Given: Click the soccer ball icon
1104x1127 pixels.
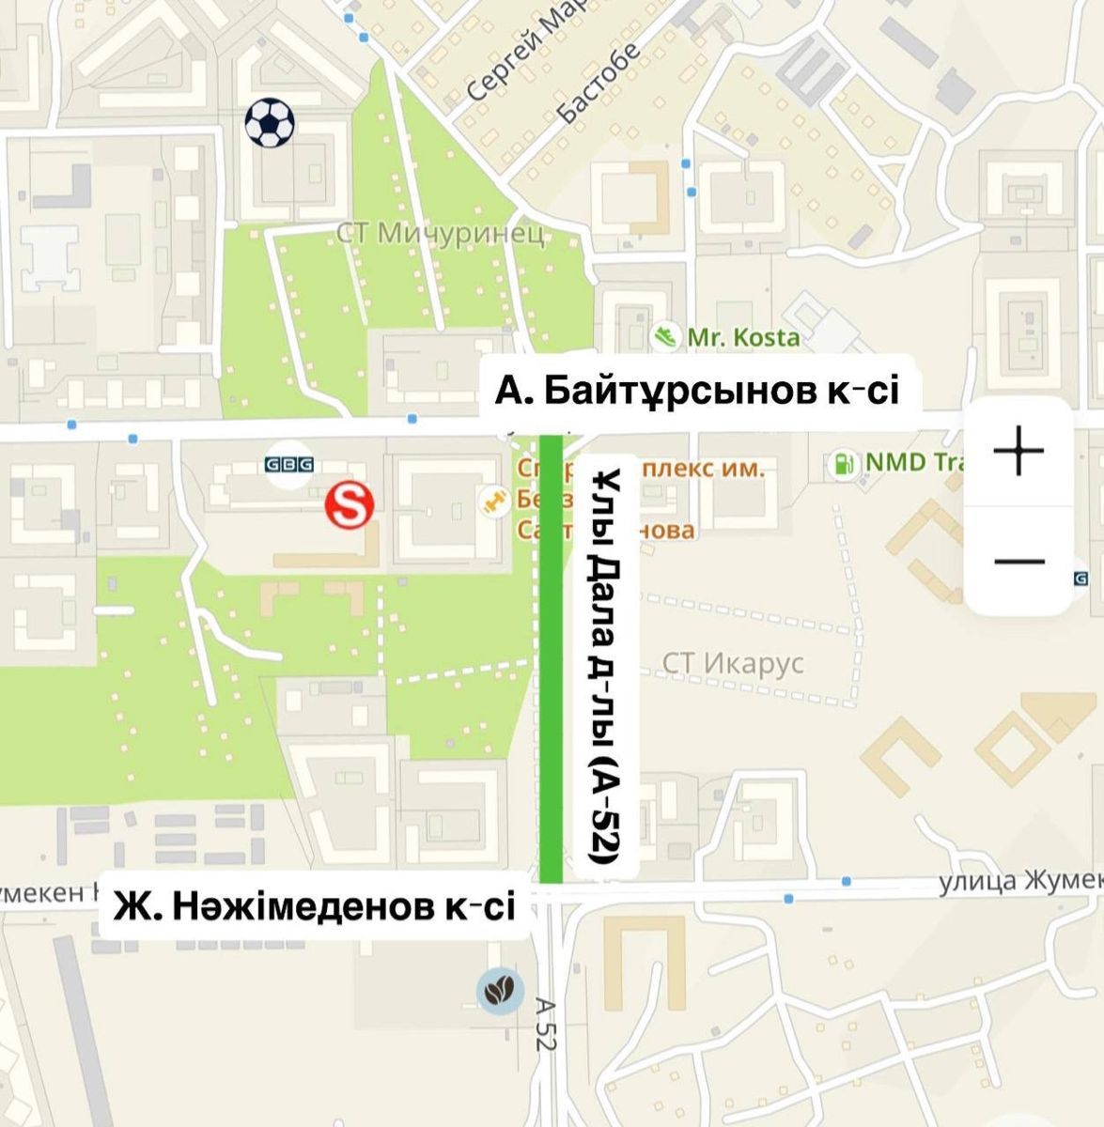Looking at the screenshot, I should [x=270, y=122].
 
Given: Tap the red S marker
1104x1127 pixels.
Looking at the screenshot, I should [x=350, y=505].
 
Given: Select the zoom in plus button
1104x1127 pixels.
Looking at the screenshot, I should [x=1018, y=452].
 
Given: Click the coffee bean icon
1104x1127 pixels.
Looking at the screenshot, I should [x=500, y=990].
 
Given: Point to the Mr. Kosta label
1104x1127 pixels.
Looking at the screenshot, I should [x=743, y=337].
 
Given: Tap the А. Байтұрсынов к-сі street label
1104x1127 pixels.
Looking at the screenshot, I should [x=697, y=390].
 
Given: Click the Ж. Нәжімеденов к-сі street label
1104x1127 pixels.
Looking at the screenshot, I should [x=315, y=907].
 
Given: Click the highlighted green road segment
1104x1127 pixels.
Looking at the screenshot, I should [x=552, y=657].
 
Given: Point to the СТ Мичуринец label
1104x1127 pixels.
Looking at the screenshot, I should [x=441, y=234].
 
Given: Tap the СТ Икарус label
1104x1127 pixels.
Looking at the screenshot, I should [x=733, y=663].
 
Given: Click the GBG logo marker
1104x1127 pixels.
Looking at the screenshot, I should [x=288, y=464].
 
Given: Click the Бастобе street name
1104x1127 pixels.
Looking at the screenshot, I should [x=599, y=83].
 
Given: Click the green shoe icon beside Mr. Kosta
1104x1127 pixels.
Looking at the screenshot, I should [x=667, y=336].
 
